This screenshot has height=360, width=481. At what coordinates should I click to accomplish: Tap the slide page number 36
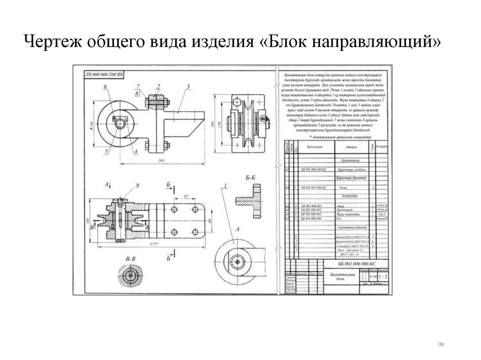[x=441, y=345]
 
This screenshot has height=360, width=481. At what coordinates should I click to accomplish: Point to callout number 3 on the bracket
[x=187, y=86]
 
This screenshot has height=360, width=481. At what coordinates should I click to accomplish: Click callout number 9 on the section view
[x=138, y=186]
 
